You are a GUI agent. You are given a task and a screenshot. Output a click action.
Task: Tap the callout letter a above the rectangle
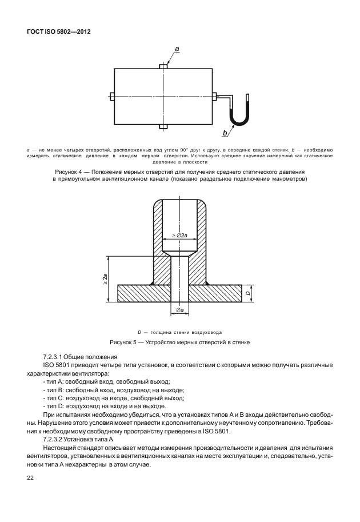click(x=177, y=50)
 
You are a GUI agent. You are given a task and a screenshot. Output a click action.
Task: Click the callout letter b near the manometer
click(x=224, y=133)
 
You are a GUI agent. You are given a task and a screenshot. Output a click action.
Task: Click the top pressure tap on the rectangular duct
click(x=163, y=66)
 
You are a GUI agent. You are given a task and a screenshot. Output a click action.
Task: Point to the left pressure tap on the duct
click(x=112, y=96)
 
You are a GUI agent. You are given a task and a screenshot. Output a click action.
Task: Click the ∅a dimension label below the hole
click(x=179, y=310)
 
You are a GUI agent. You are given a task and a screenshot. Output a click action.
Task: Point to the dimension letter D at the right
click(x=247, y=294)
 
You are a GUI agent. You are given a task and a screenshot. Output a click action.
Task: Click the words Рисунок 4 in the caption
click(x=70, y=172)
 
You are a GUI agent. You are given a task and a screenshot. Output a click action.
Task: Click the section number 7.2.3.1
click(x=56, y=356)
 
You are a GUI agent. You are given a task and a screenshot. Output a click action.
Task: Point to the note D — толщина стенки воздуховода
click(x=179, y=332)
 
